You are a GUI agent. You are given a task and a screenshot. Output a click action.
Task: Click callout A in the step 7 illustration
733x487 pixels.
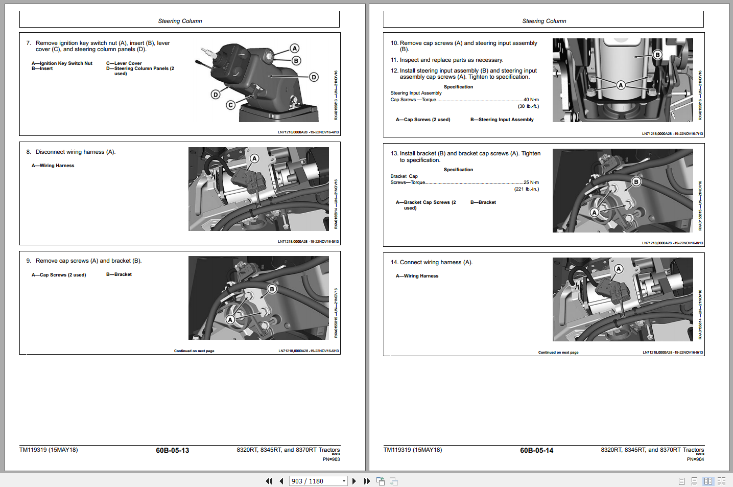pos(295,49)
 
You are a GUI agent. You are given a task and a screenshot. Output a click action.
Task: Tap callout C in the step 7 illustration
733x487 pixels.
pos(231,105)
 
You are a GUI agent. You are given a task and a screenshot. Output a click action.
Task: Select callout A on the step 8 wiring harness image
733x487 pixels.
pos(254,158)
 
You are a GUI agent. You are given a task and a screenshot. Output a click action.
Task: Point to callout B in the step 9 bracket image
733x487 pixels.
pos(272,289)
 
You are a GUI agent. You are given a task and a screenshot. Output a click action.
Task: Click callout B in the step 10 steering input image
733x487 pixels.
pos(657,55)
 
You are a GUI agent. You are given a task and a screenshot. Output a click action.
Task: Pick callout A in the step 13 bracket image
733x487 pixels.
pos(595,212)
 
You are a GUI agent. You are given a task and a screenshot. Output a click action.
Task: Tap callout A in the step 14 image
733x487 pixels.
pos(619,269)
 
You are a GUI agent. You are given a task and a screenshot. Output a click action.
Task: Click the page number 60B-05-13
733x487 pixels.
pos(172,450)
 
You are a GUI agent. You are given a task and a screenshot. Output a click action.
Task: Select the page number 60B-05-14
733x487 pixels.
pos(536,450)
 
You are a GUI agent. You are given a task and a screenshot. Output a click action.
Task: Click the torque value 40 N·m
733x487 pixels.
pos(531,100)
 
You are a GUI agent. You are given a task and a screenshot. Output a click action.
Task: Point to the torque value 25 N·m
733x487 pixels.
pos(531,182)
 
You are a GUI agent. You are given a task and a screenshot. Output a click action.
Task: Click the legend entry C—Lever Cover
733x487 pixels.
pos(124,63)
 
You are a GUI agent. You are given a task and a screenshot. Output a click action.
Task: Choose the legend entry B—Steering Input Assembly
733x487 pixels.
pos(502,120)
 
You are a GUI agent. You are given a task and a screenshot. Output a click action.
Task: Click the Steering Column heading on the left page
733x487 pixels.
pos(180,21)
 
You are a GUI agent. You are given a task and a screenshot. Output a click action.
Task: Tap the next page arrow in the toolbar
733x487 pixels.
pos(354,481)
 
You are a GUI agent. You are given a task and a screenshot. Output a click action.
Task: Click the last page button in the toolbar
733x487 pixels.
pos(367,481)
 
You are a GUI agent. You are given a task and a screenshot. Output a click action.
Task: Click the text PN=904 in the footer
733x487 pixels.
pos(695,459)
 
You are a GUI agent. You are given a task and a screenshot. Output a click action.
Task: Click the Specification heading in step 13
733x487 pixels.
pos(458,170)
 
